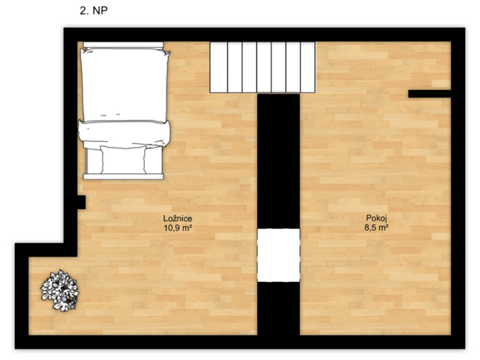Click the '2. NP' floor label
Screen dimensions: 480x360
[x=94, y=10]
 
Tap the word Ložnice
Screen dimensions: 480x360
[x=178, y=218]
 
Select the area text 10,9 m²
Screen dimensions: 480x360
[x=178, y=228]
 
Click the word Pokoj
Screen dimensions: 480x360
[x=376, y=218]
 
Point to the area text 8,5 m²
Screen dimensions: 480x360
[x=376, y=227]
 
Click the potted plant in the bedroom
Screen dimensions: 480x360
[x=60, y=290]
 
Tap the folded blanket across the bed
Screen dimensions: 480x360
[x=124, y=134]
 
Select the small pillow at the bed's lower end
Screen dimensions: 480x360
[x=123, y=160]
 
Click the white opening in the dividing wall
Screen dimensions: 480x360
[x=278, y=255]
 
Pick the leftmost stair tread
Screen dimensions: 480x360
[x=218, y=67]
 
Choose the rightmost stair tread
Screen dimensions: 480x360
[x=307, y=67]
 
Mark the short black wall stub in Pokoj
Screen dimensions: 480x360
[x=430, y=94]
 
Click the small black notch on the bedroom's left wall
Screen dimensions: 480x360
[x=81, y=202]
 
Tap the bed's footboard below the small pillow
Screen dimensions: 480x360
[x=123, y=176]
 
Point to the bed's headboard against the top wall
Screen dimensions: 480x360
[x=123, y=45]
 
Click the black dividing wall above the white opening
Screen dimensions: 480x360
[x=278, y=161]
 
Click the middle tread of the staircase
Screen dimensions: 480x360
[x=264, y=67]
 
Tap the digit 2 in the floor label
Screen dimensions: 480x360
[x=82, y=10]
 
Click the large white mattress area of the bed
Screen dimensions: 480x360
[x=124, y=84]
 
